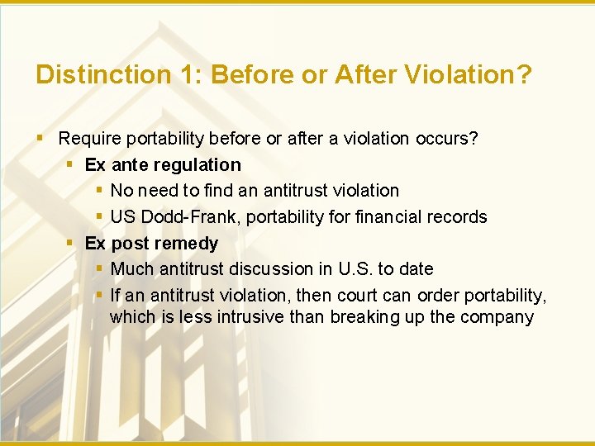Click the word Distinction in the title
102,75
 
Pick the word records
455,217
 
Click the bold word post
130,244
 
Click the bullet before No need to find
98,191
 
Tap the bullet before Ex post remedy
71,244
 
